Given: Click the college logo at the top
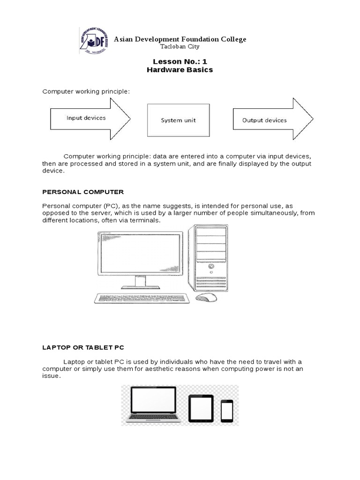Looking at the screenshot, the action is tap(93, 40).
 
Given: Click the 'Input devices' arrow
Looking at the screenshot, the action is tap(89, 119).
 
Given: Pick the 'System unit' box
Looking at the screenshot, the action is tap(179, 120).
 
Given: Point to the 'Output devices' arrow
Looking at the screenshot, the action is tap(272, 120).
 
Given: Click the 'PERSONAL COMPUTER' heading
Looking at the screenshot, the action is tap(83, 192).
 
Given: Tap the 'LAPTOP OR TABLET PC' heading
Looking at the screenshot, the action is tap(83, 347).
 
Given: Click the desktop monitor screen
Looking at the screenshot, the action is tap(140, 254).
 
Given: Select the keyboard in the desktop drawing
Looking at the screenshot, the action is tap(142, 298).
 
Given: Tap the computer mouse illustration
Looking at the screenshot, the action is tap(206, 298).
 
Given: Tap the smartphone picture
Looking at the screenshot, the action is tap(227, 411).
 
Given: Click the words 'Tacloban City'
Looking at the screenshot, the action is tap(180, 47).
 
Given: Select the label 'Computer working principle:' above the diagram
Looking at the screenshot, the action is tap(86, 91).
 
